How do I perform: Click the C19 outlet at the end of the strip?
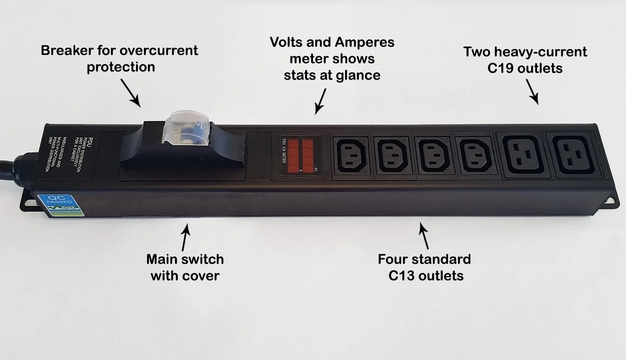point(572,156)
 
